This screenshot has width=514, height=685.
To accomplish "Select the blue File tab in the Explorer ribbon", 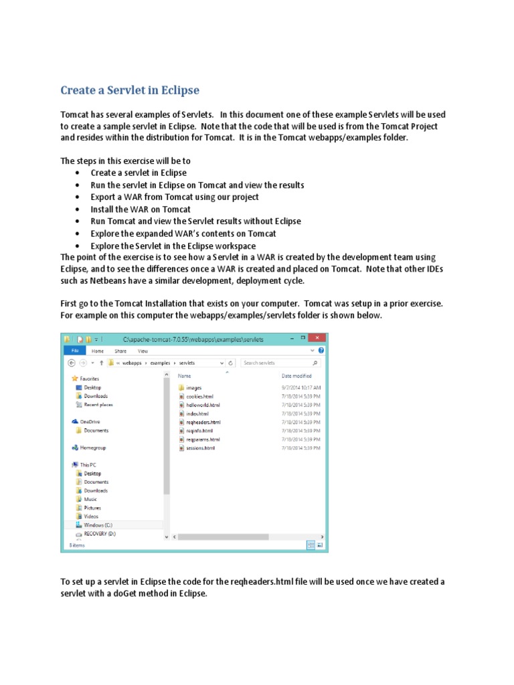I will (75, 351).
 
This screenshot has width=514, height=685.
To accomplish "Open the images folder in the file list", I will (193, 387).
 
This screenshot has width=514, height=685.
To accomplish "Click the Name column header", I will (185, 376).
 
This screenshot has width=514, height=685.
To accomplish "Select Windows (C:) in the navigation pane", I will (98, 525).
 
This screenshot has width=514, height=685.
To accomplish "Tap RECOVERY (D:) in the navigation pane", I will (100, 534).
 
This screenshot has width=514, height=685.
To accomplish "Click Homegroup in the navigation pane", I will (93, 447).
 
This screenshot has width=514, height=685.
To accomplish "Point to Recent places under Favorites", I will (98, 404).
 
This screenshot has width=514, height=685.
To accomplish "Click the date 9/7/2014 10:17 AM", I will (301, 387).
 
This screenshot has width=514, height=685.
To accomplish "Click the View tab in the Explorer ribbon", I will (143, 351).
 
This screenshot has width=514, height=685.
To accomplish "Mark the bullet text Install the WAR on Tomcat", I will (141, 209).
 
